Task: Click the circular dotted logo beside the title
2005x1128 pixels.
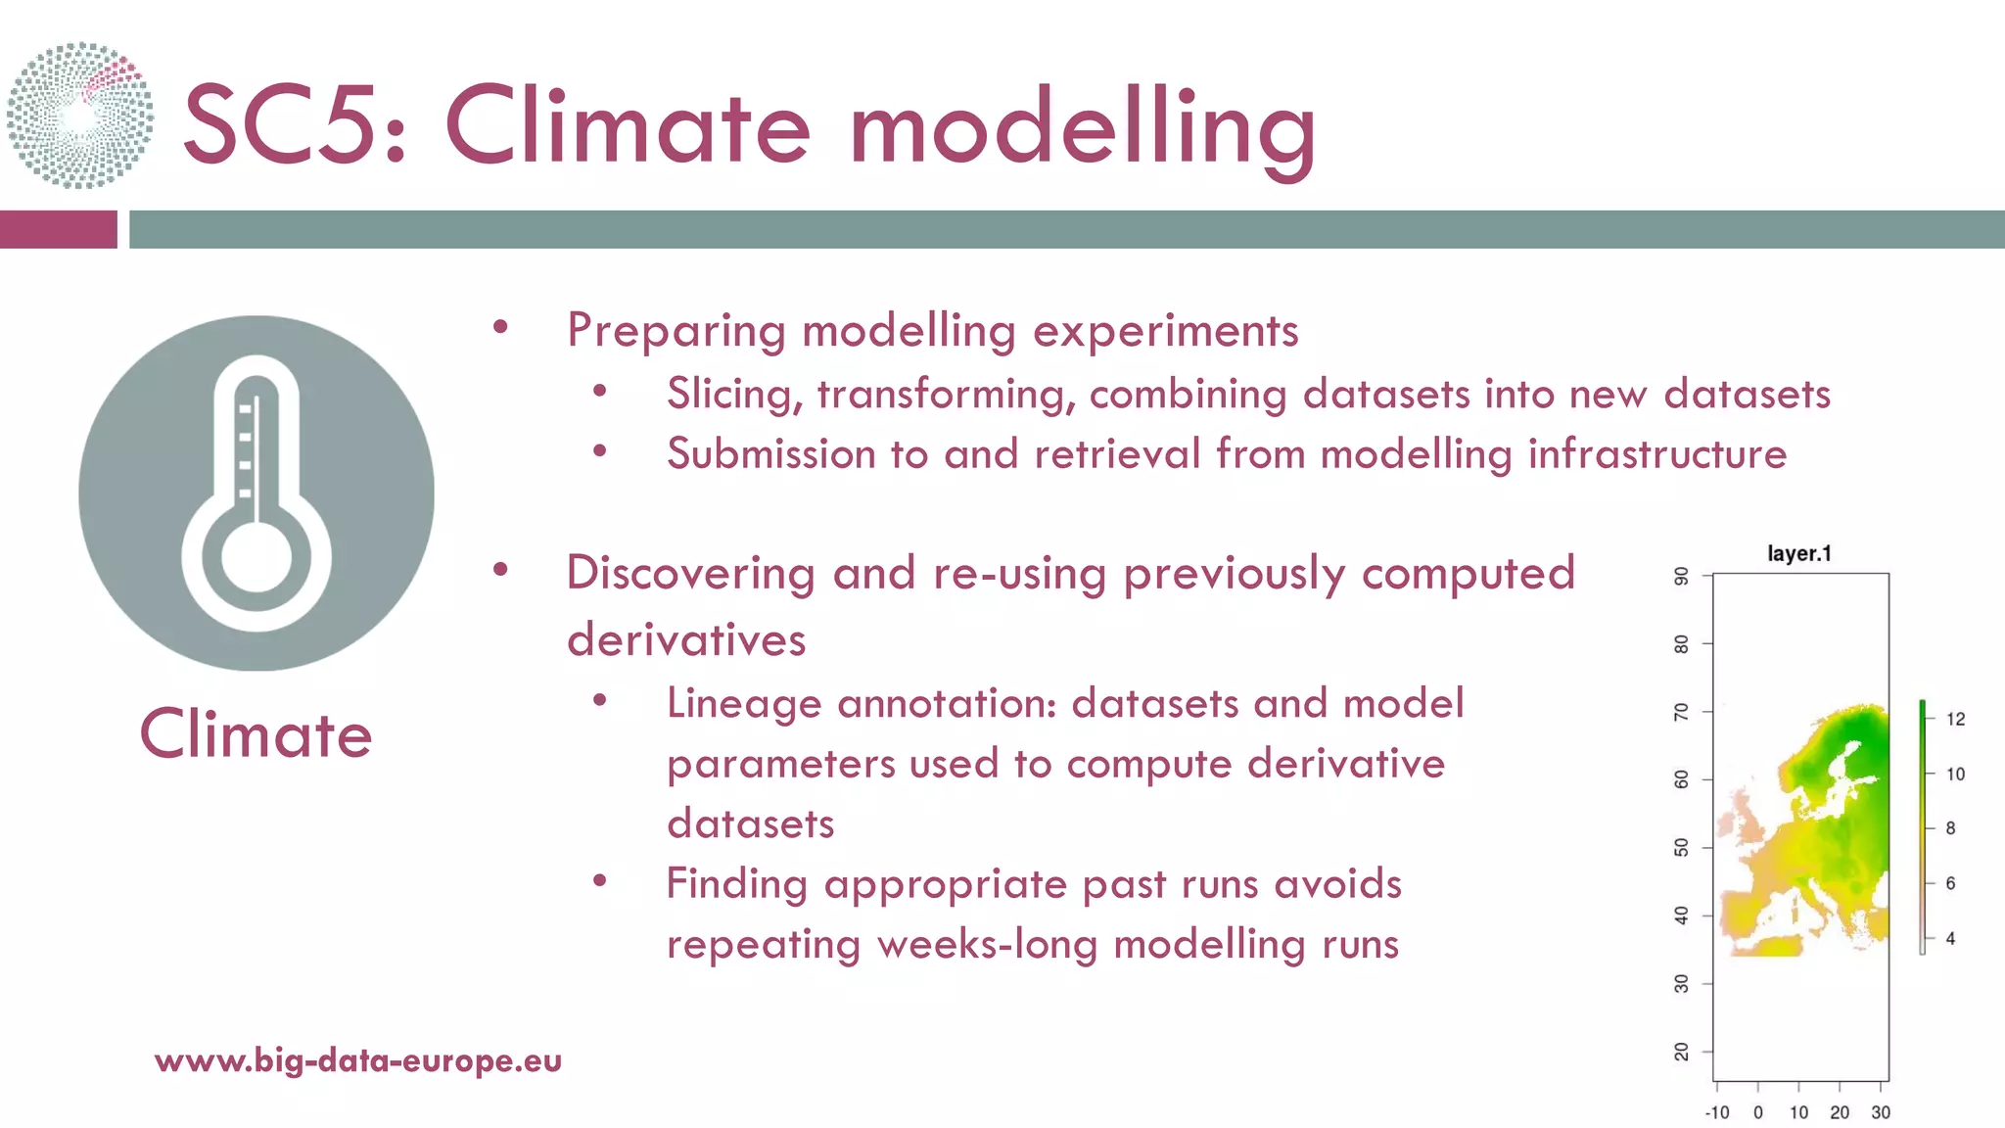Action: pyautogui.click(x=80, y=116)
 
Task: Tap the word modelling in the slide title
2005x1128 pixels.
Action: pyautogui.click(x=1083, y=127)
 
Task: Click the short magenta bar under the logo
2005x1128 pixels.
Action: pyautogui.click(x=58, y=229)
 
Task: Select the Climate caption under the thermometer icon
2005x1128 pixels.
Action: pyautogui.click(x=256, y=734)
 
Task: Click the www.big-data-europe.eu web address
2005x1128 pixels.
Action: pyautogui.click(x=358, y=1060)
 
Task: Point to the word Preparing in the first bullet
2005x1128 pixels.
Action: pyautogui.click(x=676, y=332)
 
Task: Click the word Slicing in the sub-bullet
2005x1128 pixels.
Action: pyautogui.click(x=735, y=395)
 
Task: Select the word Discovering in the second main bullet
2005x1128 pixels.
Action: pyautogui.click(x=690, y=573)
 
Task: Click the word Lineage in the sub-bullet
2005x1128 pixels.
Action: pyautogui.click(x=744, y=704)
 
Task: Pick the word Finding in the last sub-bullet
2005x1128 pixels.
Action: pyautogui.click(x=736, y=884)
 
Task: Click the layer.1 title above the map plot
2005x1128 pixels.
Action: pyautogui.click(x=1799, y=553)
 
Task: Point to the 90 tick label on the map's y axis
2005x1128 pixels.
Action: pyautogui.click(x=1681, y=576)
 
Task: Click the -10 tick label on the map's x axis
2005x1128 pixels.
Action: pyautogui.click(x=1717, y=1112)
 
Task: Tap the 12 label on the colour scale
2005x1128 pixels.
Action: pyautogui.click(x=1955, y=719)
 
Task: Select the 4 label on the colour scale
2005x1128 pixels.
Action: pyautogui.click(x=1950, y=938)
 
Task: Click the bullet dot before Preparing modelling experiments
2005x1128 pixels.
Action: pyautogui.click(x=501, y=328)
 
